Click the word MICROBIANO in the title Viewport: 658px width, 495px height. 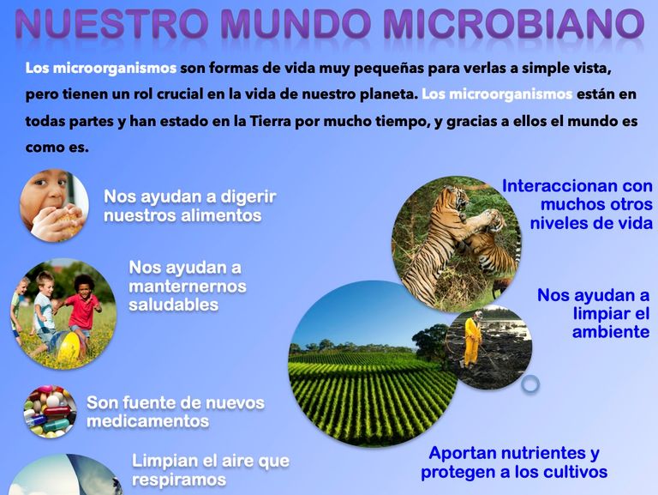pos(514,23)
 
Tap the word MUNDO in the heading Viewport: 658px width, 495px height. pos(296,23)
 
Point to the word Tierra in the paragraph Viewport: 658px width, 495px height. pos(271,122)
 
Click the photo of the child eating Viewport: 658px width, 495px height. pos(54,206)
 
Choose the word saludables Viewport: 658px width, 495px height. pos(173,305)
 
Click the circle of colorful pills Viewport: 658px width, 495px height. pos(50,412)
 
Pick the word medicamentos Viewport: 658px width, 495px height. pos(147,421)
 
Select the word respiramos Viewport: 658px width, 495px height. pos(179,480)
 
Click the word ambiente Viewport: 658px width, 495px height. pos(611,332)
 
